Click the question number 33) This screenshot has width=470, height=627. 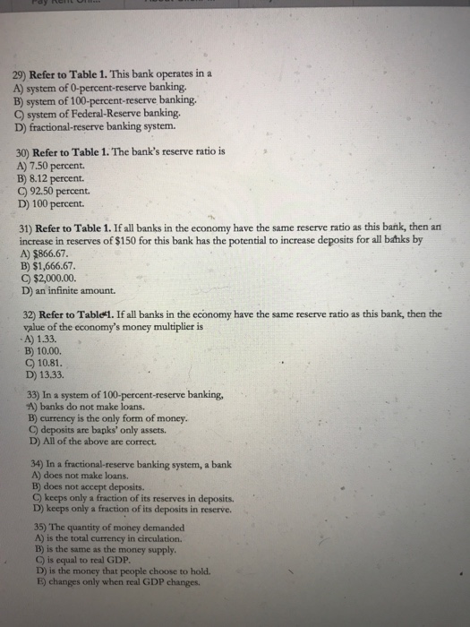[x=37, y=395]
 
